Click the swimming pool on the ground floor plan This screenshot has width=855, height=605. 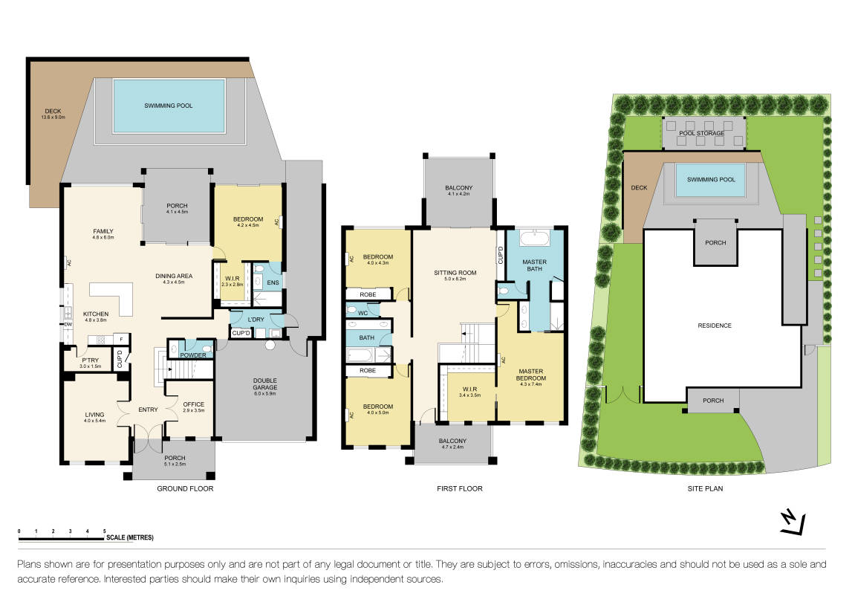coord(169,106)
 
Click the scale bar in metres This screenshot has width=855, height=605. coord(62,539)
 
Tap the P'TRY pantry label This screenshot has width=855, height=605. coord(91,360)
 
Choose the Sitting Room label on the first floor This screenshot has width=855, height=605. coord(455,273)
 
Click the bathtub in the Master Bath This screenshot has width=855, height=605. coord(535,239)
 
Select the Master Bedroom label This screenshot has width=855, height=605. coord(531,375)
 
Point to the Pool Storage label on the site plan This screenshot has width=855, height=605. coord(702,133)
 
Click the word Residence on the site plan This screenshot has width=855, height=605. coord(715,326)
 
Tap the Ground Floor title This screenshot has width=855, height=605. coord(186,489)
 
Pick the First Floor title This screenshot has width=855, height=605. coord(460,489)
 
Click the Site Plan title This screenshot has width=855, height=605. coord(705,489)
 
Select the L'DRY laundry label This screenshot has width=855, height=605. coord(256,320)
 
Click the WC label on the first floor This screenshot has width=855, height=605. coord(363,313)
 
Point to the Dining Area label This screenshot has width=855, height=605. coord(174,276)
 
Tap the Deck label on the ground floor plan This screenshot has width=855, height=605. coord(53,111)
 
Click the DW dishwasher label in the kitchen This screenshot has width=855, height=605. coord(68,325)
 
